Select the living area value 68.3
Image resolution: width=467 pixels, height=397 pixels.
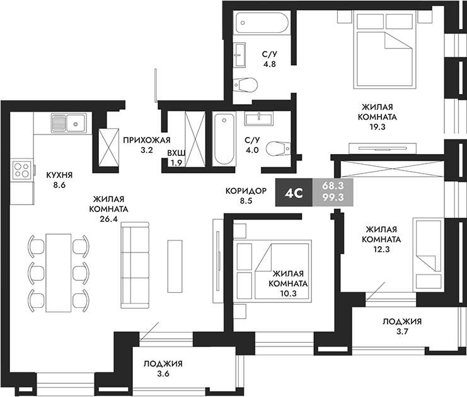332,187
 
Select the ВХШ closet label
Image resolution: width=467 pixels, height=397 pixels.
176,153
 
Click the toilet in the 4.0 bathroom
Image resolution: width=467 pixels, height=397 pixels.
275,148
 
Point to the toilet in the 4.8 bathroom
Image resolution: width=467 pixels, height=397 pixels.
245,84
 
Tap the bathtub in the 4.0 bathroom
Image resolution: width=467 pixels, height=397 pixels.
222,139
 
